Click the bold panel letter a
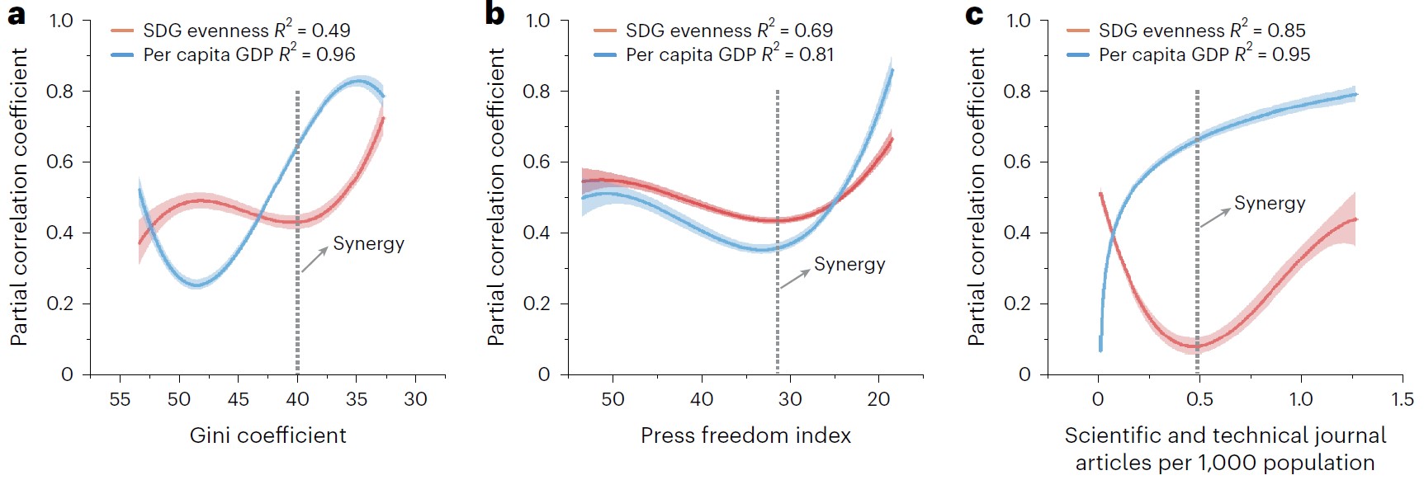15,14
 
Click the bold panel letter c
974,14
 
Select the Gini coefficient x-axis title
267,435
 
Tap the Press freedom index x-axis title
745,435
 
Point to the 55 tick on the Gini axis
120,399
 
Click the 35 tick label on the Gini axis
357,399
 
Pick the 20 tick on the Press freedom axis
878,399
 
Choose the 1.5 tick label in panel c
1402,399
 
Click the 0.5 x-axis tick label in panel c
1199,399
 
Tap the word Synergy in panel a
368,244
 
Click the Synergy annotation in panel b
849,265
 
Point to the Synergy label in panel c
1270,204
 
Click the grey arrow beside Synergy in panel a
314,260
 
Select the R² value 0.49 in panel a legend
331,31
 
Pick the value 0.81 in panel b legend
816,55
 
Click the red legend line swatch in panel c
1078,31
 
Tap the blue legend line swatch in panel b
605,55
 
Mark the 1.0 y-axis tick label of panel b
537,21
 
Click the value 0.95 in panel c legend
1291,55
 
